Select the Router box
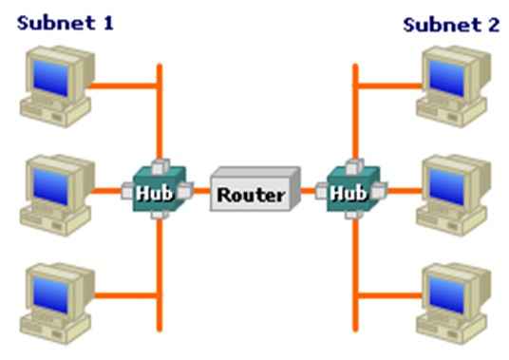251,194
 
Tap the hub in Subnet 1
157,191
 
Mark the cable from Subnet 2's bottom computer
389,295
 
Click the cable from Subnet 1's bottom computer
123,295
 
